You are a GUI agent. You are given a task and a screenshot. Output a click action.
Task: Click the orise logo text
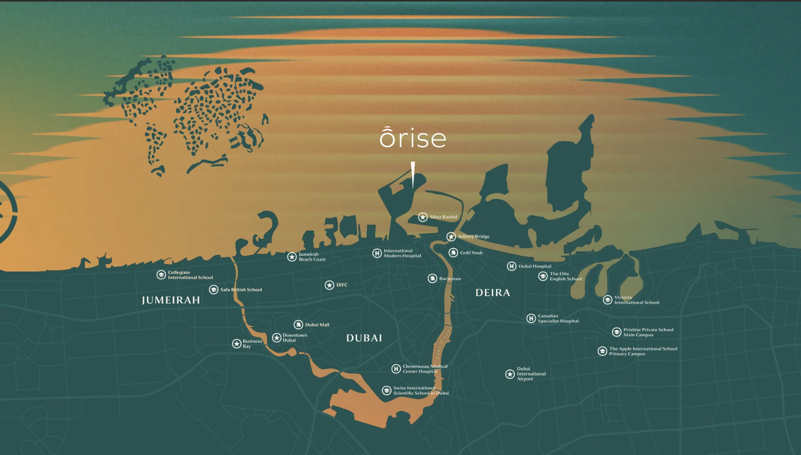(x=413, y=138)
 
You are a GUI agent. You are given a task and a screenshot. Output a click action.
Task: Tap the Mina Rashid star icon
(x=423, y=217)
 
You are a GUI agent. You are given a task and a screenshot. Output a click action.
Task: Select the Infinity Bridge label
(x=474, y=236)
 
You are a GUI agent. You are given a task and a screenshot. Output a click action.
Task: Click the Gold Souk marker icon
(x=453, y=253)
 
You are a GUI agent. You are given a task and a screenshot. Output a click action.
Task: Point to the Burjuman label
(x=450, y=279)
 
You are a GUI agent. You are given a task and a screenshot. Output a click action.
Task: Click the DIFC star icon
(x=329, y=285)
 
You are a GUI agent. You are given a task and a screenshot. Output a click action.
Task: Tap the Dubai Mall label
(x=317, y=325)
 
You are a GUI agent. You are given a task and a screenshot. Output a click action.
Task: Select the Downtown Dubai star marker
(x=276, y=338)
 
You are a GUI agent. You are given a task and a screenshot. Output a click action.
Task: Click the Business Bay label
(x=252, y=344)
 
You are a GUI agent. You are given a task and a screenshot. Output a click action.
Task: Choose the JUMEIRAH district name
(x=171, y=300)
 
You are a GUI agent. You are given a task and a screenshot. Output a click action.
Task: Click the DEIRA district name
(x=493, y=293)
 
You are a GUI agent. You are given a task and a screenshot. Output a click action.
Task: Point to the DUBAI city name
(x=364, y=338)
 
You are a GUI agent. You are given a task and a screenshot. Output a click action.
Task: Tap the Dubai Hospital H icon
(x=512, y=266)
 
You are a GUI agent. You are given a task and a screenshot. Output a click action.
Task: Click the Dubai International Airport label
(x=531, y=374)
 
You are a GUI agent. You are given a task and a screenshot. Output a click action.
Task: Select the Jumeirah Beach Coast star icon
(x=292, y=257)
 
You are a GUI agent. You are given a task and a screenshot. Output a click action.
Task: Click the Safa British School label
(x=241, y=290)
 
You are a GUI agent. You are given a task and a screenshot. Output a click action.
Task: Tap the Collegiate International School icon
(x=161, y=275)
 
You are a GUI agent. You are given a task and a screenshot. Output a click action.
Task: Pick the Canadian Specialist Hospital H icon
(x=531, y=318)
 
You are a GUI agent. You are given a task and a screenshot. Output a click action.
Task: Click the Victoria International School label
(x=636, y=300)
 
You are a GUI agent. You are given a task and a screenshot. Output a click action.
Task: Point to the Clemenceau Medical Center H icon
(x=396, y=369)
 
